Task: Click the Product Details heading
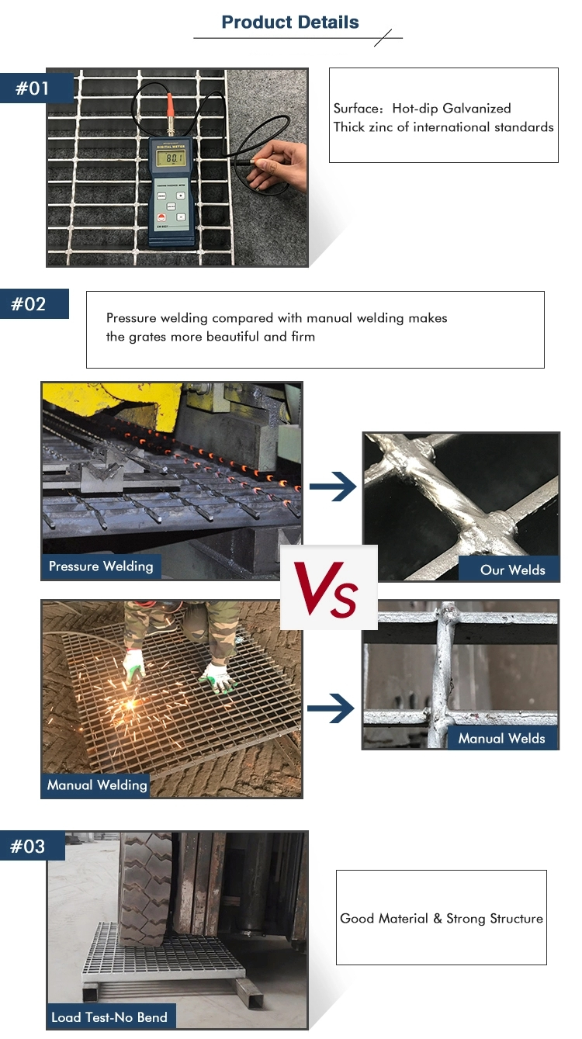[290, 23]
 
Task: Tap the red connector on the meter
[170, 104]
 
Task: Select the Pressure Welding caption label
[101, 566]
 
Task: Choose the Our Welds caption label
[512, 570]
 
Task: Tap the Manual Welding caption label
[97, 785]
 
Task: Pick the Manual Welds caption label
[501, 738]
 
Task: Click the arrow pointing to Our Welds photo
[332, 487]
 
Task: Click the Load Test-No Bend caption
[109, 1017]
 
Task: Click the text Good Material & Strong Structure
[442, 919]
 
